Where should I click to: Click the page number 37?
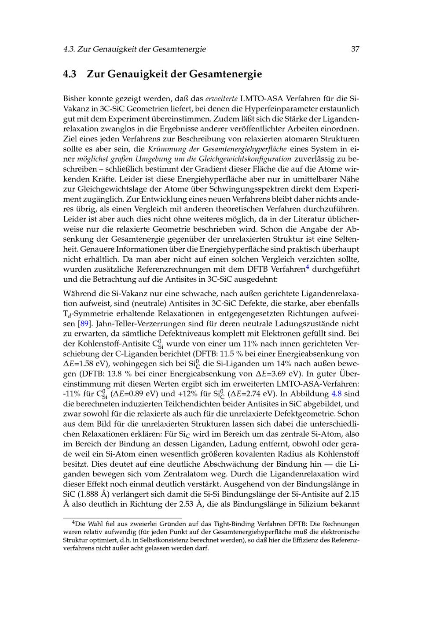coord(355,49)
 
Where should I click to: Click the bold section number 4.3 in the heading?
coord(70,74)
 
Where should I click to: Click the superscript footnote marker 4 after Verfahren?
coord(308,266)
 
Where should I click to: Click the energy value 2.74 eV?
coord(260,394)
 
